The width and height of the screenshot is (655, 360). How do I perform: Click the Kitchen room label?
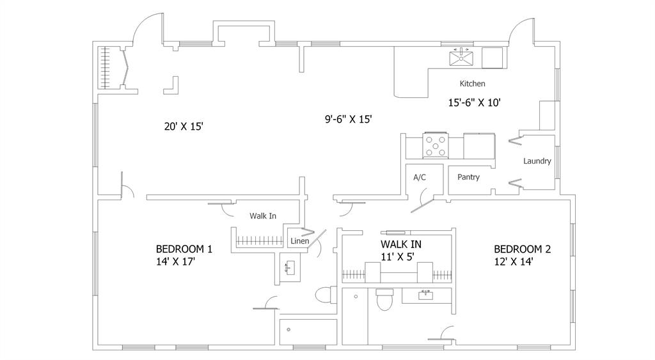(472, 84)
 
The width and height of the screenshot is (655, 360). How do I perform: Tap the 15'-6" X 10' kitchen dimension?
(474, 102)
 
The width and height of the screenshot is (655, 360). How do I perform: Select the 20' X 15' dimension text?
(184, 126)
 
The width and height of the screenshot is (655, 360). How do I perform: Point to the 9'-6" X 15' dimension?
(349, 119)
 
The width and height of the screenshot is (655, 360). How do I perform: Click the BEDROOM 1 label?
(184, 249)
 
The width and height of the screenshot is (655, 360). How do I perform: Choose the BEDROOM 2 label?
(522, 249)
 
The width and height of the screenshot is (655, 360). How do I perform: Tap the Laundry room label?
(537, 160)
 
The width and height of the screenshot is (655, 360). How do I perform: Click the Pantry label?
(468, 177)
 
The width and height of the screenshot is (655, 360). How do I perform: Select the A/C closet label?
(420, 178)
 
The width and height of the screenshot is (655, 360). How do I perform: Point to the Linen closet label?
(299, 241)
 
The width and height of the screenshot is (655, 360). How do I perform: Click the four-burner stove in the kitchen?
(435, 146)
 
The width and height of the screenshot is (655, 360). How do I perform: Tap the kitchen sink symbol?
(461, 57)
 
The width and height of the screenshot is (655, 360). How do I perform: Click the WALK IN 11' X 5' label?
(401, 250)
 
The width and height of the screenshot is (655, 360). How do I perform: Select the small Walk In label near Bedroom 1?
(263, 216)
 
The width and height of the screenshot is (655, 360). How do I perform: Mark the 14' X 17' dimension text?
(175, 262)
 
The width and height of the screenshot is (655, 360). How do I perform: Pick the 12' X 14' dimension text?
(514, 262)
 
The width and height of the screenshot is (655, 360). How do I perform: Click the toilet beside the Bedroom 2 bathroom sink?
(384, 299)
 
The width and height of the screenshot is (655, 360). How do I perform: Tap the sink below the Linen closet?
(290, 267)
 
